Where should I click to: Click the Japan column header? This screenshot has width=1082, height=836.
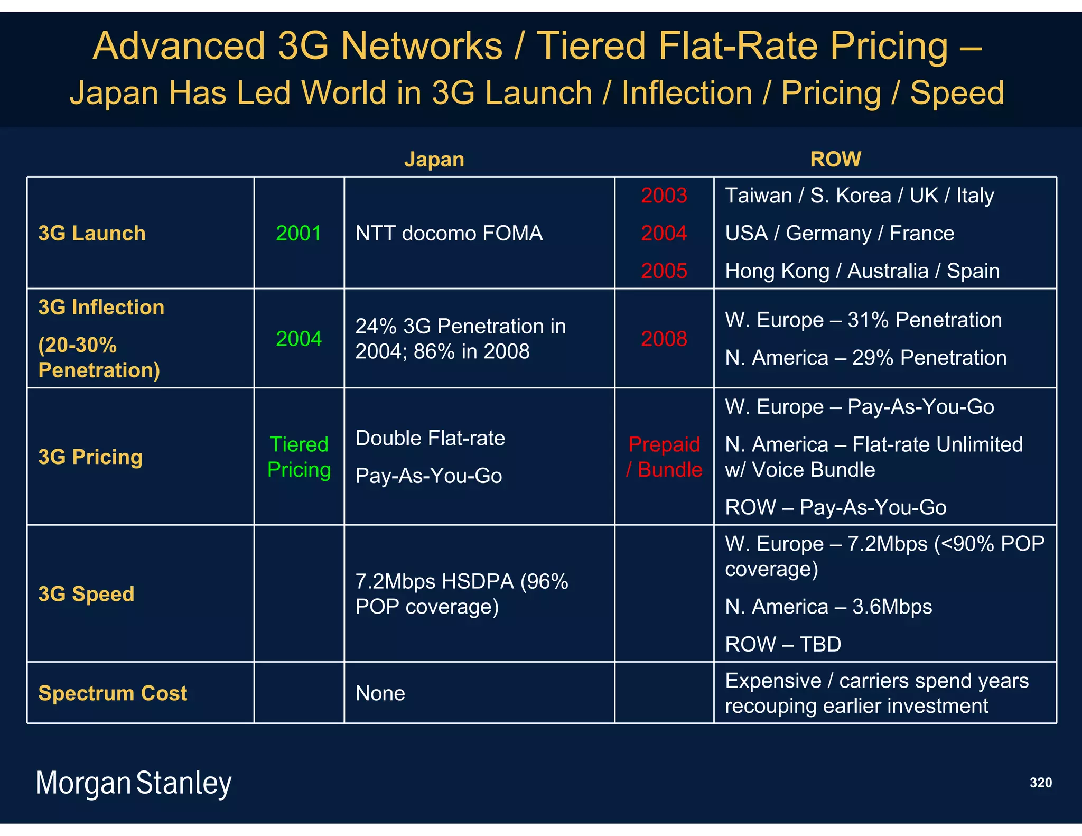click(434, 160)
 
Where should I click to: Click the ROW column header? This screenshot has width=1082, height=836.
click(835, 159)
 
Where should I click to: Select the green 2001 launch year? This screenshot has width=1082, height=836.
click(299, 233)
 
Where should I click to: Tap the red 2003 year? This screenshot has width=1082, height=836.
click(664, 196)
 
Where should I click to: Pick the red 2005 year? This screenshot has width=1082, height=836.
click(664, 271)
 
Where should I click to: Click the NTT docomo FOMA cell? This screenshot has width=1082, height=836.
click(449, 233)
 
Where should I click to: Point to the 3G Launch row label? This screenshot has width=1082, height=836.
click(92, 233)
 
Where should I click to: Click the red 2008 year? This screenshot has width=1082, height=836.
click(664, 339)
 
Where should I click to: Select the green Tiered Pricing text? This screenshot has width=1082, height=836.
click(299, 457)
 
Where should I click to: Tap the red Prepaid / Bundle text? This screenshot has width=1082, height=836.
click(664, 457)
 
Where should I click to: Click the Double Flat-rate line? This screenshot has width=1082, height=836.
click(430, 438)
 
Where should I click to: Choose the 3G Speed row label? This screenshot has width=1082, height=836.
click(86, 594)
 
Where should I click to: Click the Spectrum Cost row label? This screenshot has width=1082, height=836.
click(113, 693)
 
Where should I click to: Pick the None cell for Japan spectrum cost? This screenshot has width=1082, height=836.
click(380, 693)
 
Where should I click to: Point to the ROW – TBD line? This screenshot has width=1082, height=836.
click(783, 644)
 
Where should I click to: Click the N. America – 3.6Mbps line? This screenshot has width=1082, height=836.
click(828, 607)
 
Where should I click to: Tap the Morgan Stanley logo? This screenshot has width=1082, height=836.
click(133, 783)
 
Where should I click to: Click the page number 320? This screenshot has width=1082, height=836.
click(1040, 783)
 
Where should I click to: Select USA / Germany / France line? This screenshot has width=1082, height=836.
click(840, 233)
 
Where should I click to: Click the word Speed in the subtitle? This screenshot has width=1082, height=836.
click(957, 93)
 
